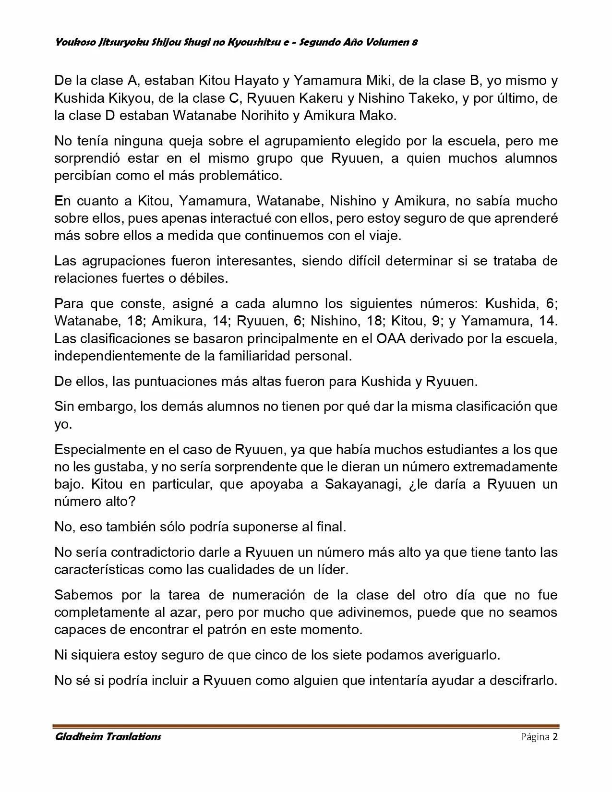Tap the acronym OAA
tap(392, 338)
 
